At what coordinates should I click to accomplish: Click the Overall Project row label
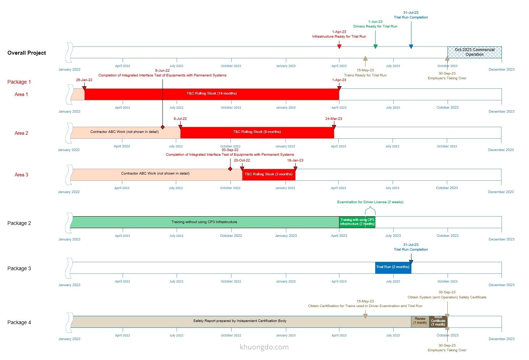click(x=27, y=53)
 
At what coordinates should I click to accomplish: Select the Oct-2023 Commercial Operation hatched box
click(x=474, y=52)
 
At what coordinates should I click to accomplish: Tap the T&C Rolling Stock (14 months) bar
click(x=212, y=94)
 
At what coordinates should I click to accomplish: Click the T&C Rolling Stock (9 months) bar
click(x=257, y=132)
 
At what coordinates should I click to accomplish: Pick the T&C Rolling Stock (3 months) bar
click(x=268, y=174)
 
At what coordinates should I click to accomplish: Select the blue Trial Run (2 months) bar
click(x=393, y=267)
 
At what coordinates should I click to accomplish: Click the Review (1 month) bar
click(x=420, y=321)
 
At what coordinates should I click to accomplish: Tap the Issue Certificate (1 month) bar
click(x=438, y=321)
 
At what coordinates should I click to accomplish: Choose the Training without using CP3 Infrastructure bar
click(x=204, y=222)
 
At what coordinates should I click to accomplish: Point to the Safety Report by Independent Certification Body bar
click(x=240, y=321)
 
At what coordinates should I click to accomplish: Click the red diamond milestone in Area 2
click(x=163, y=127)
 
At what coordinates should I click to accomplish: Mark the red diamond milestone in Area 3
click(x=230, y=169)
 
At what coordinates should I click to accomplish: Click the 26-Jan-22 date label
click(x=84, y=80)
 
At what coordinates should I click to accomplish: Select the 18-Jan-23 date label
click(x=295, y=160)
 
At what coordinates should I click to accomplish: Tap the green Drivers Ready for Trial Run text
click(x=375, y=26)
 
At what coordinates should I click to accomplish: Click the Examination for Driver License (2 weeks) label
click(x=370, y=202)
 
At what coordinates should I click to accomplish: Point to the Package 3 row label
click(x=19, y=269)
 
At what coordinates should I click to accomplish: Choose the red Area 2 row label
click(x=21, y=133)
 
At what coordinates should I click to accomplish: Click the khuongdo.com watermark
click(x=264, y=347)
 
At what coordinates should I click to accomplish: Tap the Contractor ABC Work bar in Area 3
click(x=155, y=174)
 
